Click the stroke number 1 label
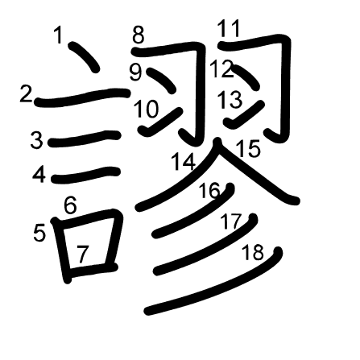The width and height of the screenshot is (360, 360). point(58,35)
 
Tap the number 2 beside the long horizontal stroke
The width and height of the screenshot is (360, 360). point(26,93)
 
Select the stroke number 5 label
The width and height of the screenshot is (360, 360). point(39,233)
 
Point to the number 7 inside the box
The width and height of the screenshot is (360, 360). point(82,254)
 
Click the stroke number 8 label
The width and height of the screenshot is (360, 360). point(138,35)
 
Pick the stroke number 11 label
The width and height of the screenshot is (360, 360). point(229,28)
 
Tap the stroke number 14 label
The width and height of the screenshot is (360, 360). point(184,161)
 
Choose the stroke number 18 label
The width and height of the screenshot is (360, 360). point(253,252)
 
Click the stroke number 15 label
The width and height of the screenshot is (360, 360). point(249,148)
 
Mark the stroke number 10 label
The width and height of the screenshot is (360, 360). point(147,109)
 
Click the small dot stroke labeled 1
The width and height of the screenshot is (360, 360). point(84,57)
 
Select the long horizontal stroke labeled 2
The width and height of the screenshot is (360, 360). point(82,97)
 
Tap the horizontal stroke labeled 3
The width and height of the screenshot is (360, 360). point(84,139)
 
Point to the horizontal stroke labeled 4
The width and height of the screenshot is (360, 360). point(85,175)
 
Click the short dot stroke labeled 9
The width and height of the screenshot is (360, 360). point(161,81)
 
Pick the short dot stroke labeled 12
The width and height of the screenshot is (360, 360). point(245,77)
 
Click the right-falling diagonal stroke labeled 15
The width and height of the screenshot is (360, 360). point(256,172)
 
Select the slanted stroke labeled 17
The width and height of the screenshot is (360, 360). point(206,246)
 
